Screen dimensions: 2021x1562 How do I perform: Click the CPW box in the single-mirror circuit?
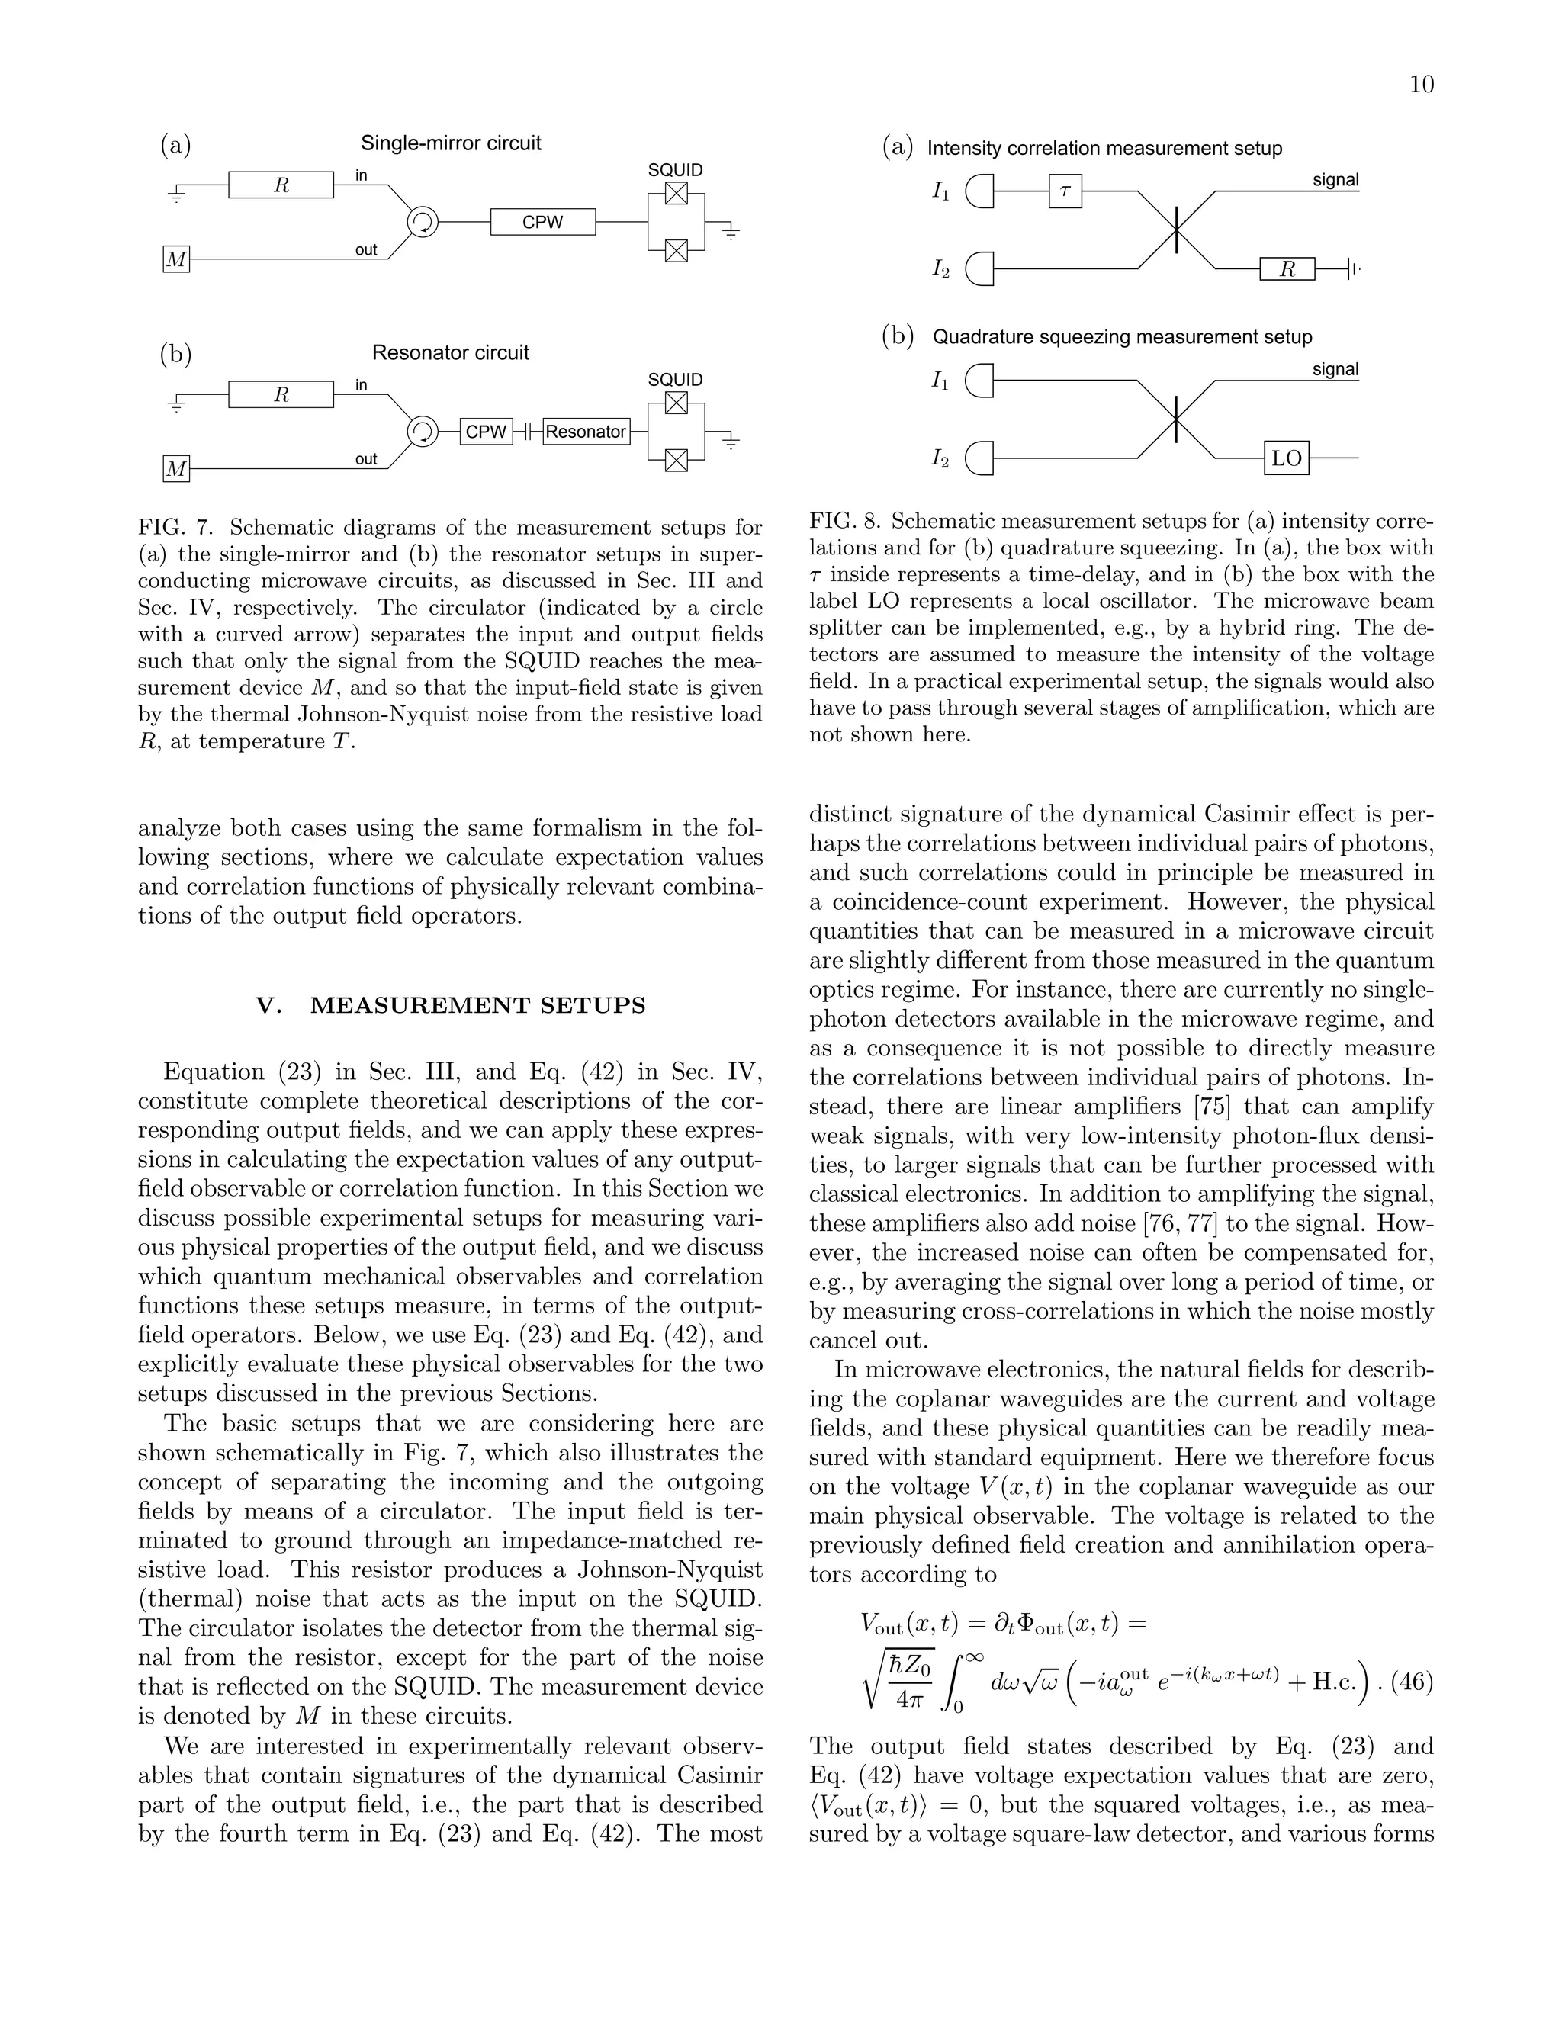point(542,222)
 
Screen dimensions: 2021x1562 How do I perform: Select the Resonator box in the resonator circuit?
point(586,431)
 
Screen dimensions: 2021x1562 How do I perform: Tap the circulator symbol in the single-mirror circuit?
point(423,222)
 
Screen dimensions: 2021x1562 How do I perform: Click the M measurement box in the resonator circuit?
point(176,470)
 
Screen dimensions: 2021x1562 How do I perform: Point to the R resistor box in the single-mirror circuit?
point(281,185)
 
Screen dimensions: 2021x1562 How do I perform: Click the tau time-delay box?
point(1065,191)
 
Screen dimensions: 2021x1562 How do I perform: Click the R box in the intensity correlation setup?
point(1286,269)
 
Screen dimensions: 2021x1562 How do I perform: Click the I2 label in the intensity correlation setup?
point(940,269)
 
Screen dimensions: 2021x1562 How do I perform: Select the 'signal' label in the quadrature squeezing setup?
point(1335,369)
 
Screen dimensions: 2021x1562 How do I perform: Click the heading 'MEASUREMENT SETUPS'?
point(477,1006)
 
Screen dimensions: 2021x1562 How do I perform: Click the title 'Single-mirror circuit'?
point(451,143)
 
